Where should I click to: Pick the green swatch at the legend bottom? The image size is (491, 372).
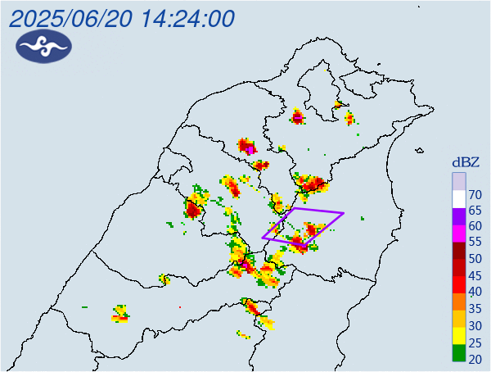tap(459, 355)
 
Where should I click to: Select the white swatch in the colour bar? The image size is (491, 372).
tap(459, 197)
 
